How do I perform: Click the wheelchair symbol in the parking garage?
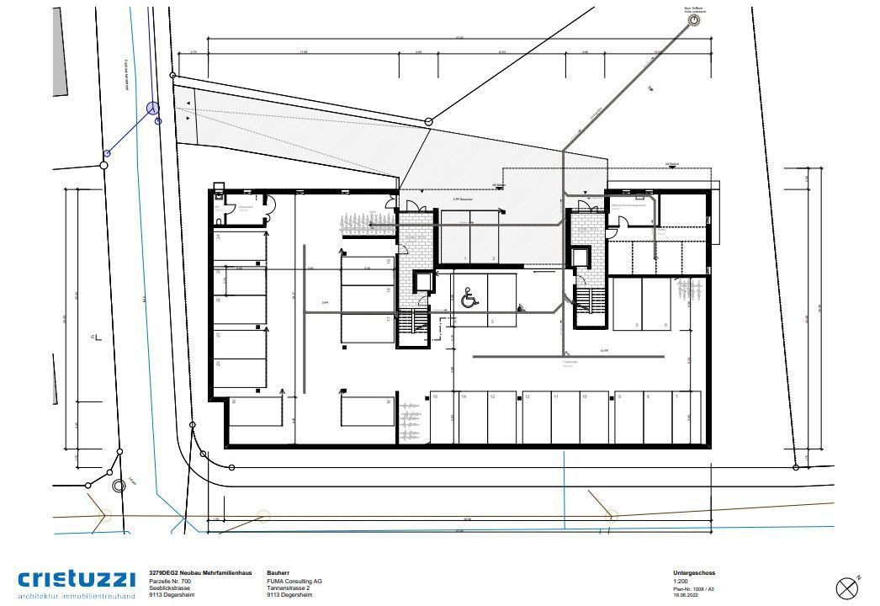468,297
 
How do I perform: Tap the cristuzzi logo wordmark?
77,579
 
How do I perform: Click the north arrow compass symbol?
846,586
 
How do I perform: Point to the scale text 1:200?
681,581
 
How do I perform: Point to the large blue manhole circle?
153,108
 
